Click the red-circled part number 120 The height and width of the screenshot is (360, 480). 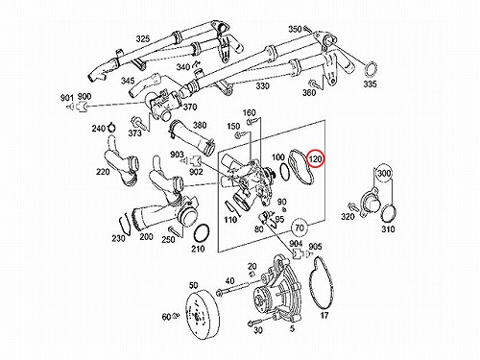point(316,158)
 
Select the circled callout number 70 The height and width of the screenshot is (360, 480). point(300,228)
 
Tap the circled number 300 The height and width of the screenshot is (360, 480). point(384,173)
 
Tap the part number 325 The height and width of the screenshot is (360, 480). point(143,38)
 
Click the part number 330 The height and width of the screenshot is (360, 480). point(262,85)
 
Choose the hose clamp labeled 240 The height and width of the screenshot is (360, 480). point(111,127)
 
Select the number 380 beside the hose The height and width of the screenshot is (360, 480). point(200,125)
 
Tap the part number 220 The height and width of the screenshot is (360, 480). point(103,172)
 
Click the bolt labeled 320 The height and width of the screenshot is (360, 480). point(354,206)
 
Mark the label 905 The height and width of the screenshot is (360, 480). point(315,247)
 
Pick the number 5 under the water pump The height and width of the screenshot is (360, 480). point(292,328)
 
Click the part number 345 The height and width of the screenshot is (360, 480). point(128,81)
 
